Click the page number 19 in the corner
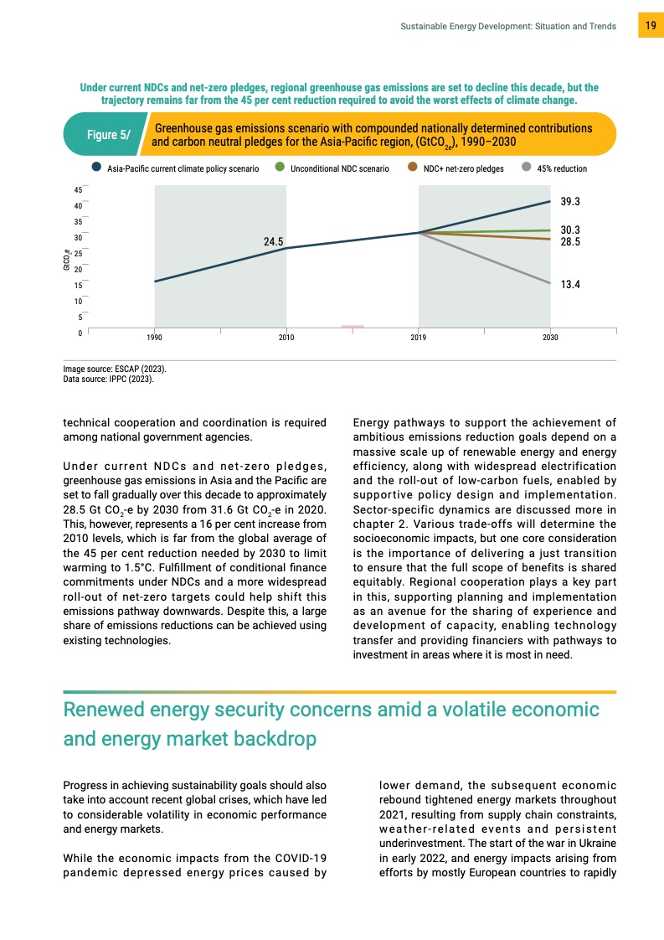tap(650, 26)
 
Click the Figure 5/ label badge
tap(108, 135)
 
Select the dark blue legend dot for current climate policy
tap(98, 168)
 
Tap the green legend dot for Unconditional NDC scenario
tap(281, 168)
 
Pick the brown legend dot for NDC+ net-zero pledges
tap(413, 168)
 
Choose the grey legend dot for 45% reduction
tap(527, 168)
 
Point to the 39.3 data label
tap(570, 202)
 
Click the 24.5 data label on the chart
tap(274, 241)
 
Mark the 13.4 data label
tap(570, 285)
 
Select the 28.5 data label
tap(570, 241)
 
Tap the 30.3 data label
tap(570, 230)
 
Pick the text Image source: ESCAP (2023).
tap(115, 369)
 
